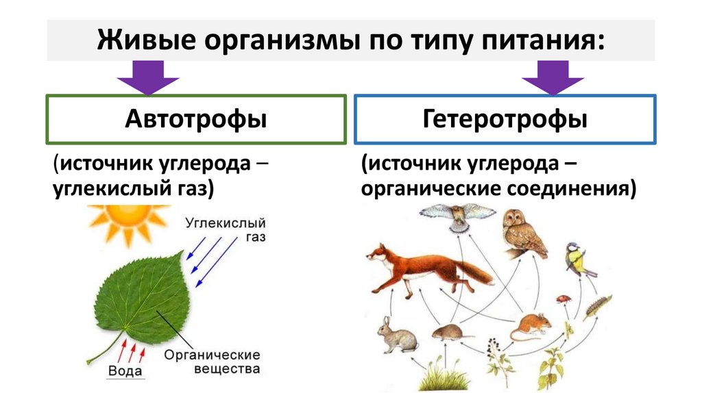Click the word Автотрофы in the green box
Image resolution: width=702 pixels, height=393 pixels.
[195, 120]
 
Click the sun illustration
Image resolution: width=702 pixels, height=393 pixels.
[128, 221]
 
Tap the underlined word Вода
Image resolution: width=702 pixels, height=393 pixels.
[125, 372]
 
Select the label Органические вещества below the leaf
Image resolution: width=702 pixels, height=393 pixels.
[212, 362]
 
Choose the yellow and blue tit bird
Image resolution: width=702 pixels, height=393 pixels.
[577, 261]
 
